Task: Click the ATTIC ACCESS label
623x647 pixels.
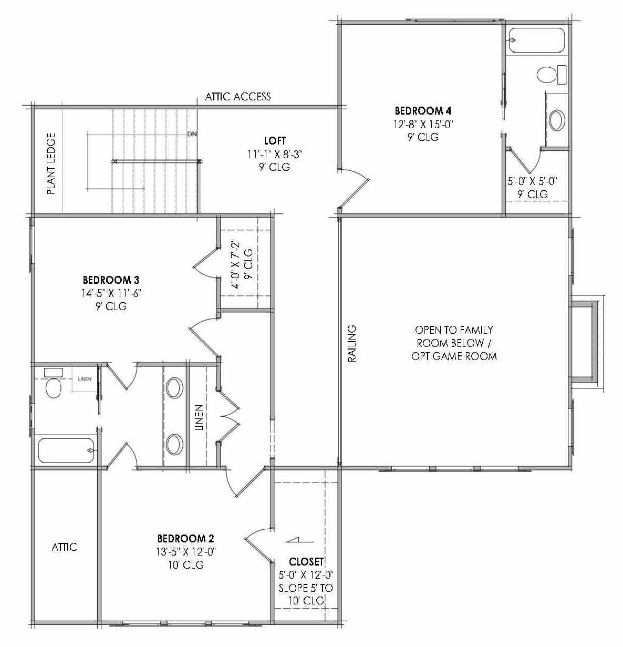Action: pos(237,96)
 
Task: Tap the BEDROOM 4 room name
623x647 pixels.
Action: pos(423,111)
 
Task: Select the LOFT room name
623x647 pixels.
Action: pos(275,141)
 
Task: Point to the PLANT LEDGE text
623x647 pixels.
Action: pos(51,163)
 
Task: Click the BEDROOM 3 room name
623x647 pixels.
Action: pos(111,279)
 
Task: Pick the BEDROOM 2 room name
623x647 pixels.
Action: pos(185,538)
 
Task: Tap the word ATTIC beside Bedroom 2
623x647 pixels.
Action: pos(64,547)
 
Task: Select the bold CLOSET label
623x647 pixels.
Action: pos(306,561)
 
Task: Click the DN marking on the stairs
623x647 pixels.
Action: pos(192,134)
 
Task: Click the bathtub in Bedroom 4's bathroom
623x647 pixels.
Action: pos(537,40)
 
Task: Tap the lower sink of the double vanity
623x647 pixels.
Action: pos(175,444)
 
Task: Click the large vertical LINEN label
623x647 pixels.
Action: pos(199,418)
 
